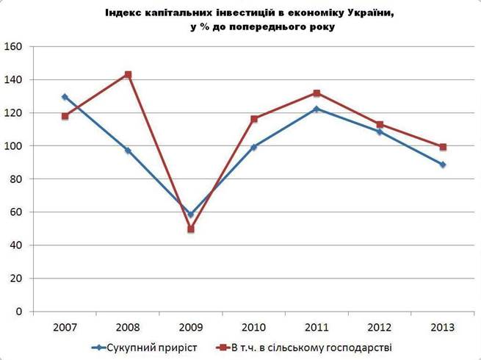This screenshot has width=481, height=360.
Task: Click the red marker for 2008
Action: pos(128,75)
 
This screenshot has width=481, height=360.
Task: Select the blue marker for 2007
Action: pos(65,97)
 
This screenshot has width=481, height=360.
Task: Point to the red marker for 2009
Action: pos(191,229)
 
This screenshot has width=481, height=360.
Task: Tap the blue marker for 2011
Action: pos(317,109)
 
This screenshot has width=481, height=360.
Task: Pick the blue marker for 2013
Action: pos(443,165)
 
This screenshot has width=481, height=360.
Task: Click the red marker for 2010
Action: pos(254,119)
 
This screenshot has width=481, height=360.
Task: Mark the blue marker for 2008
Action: pos(128,151)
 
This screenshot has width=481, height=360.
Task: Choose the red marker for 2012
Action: pos(380,125)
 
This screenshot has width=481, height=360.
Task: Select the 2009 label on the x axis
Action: pos(191,327)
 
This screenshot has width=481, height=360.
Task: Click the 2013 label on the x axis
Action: pos(443,327)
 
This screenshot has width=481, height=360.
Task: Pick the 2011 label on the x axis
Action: pos(317,327)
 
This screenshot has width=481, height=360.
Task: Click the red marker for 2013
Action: pos(443,147)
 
